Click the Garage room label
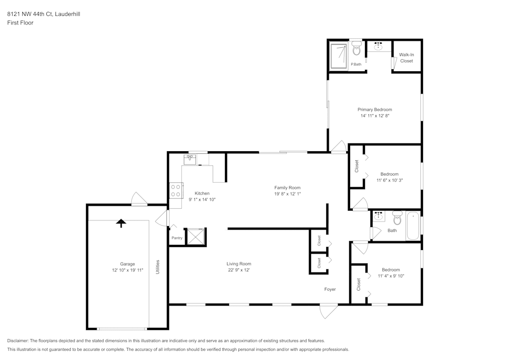tap(127, 264)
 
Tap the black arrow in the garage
tap(121, 223)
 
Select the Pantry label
tap(177, 238)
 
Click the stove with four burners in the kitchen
tap(176, 190)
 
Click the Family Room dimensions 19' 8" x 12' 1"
tap(288, 194)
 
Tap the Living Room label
tap(239, 264)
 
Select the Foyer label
tap(330, 289)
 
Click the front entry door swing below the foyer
tap(328, 311)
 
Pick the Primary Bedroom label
tap(375, 109)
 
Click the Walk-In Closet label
tap(406, 58)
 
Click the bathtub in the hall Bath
tap(412, 227)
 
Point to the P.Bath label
tap(356, 64)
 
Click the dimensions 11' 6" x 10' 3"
tap(389, 180)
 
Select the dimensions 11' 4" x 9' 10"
tap(391, 276)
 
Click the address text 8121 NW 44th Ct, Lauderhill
tap(43, 14)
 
